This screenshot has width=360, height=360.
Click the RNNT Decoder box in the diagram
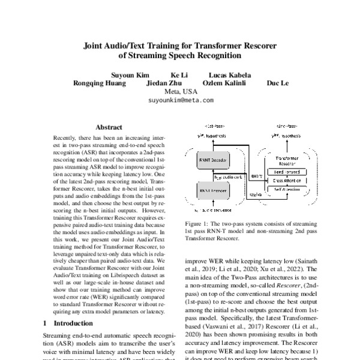[x=211, y=161]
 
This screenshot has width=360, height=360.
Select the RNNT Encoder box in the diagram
[x=211, y=191]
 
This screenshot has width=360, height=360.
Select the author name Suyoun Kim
[x=130, y=75]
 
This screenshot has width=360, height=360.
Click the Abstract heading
[x=109, y=127]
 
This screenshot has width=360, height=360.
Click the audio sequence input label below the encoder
[x=213, y=211]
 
